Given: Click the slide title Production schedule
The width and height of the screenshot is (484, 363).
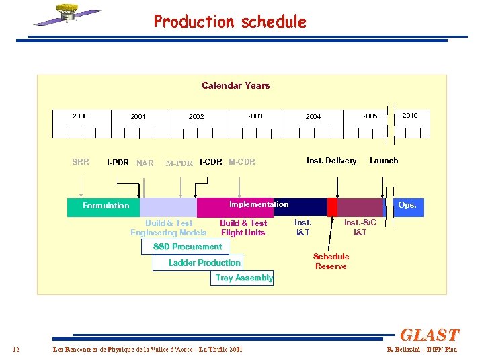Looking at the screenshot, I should (x=229, y=22).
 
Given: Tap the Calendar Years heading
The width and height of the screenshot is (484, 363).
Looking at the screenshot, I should (x=235, y=85).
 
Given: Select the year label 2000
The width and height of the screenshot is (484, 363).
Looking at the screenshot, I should (x=80, y=116).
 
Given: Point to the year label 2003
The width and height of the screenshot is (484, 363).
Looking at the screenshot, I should (x=255, y=116).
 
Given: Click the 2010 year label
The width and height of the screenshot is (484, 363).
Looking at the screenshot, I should (x=409, y=115).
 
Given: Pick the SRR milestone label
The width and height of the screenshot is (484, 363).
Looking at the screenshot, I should (x=80, y=161).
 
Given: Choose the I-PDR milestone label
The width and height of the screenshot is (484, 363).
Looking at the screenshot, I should (x=118, y=163).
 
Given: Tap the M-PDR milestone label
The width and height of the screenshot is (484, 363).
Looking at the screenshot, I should (x=179, y=163).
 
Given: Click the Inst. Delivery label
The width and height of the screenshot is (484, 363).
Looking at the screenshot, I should (x=331, y=160).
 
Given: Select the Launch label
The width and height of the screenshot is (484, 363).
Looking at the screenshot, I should (x=384, y=160).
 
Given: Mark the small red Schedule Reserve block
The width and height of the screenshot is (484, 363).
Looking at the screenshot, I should (x=332, y=206).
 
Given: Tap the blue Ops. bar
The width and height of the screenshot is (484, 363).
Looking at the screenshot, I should (x=407, y=205).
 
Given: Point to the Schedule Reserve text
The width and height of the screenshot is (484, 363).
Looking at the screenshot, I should (x=331, y=261).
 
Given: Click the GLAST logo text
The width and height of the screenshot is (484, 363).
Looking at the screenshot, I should (x=429, y=335).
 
